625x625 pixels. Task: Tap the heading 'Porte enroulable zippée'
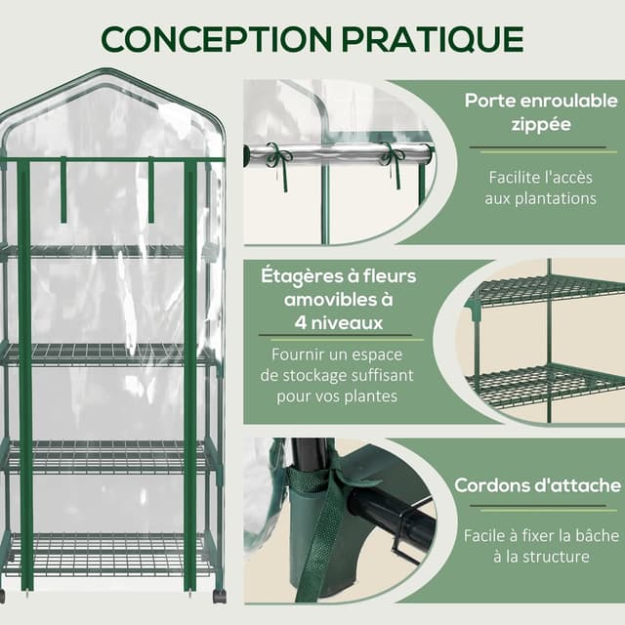point(540,112)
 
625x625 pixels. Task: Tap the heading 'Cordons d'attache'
point(537,485)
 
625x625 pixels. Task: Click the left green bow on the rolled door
point(280,156)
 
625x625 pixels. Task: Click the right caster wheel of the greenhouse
point(220,595)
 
